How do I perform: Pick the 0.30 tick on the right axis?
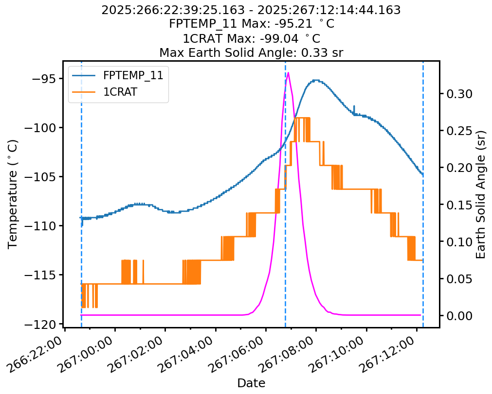pos(459,94)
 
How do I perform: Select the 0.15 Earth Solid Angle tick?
pos(459,205)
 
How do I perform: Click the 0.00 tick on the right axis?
pos(459,316)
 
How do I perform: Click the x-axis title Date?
pos(251,383)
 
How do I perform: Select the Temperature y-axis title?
pos(13,194)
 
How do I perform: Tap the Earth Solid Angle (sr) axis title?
pos(481,194)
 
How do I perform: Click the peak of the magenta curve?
pos(289,73)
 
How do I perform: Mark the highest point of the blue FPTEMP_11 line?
pos(316,80)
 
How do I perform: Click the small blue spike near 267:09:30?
pos(354,106)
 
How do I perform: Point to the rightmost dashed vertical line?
pos(423,194)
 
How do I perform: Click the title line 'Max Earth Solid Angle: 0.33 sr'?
pos(251,52)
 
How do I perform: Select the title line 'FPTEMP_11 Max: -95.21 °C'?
pos(251,24)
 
